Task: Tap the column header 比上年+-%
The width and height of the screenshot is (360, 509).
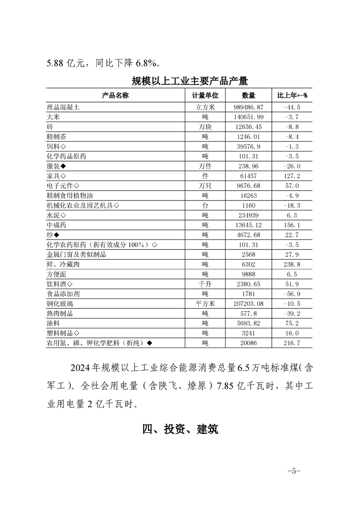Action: [x=292, y=95]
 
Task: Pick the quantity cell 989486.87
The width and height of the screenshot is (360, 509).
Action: [x=249, y=108]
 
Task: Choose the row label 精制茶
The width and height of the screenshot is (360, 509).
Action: [x=57, y=137]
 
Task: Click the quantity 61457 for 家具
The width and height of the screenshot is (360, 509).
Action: [x=249, y=176]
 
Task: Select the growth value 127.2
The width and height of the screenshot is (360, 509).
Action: [x=292, y=176]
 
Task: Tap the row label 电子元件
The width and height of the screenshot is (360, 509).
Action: [x=63, y=186]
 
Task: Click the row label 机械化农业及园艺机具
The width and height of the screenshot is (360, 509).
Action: [x=83, y=205]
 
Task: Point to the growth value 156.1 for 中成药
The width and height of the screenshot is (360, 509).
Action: [x=292, y=225]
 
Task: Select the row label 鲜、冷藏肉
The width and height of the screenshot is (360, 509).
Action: [x=63, y=264]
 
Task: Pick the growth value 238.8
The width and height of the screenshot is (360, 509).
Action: [x=292, y=264]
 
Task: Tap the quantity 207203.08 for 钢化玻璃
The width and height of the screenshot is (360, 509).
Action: [x=249, y=303]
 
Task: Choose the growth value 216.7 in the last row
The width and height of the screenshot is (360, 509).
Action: [x=292, y=343]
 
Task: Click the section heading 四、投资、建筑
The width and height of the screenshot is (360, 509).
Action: [x=180, y=429]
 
